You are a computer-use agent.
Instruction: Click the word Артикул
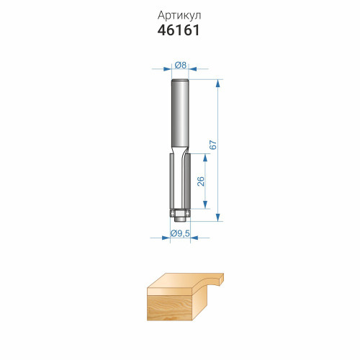(x=179, y=16)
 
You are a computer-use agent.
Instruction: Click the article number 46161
(x=179, y=30)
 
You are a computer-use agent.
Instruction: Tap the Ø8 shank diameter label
(x=180, y=65)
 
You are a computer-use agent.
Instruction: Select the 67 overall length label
(x=213, y=145)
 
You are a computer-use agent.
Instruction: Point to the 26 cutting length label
(x=200, y=181)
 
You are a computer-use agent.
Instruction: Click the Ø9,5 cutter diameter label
(x=180, y=233)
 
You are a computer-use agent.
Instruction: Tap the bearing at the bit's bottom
(x=180, y=212)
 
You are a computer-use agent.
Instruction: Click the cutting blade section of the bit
(x=180, y=181)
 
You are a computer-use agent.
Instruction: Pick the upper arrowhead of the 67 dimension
(x=217, y=83)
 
